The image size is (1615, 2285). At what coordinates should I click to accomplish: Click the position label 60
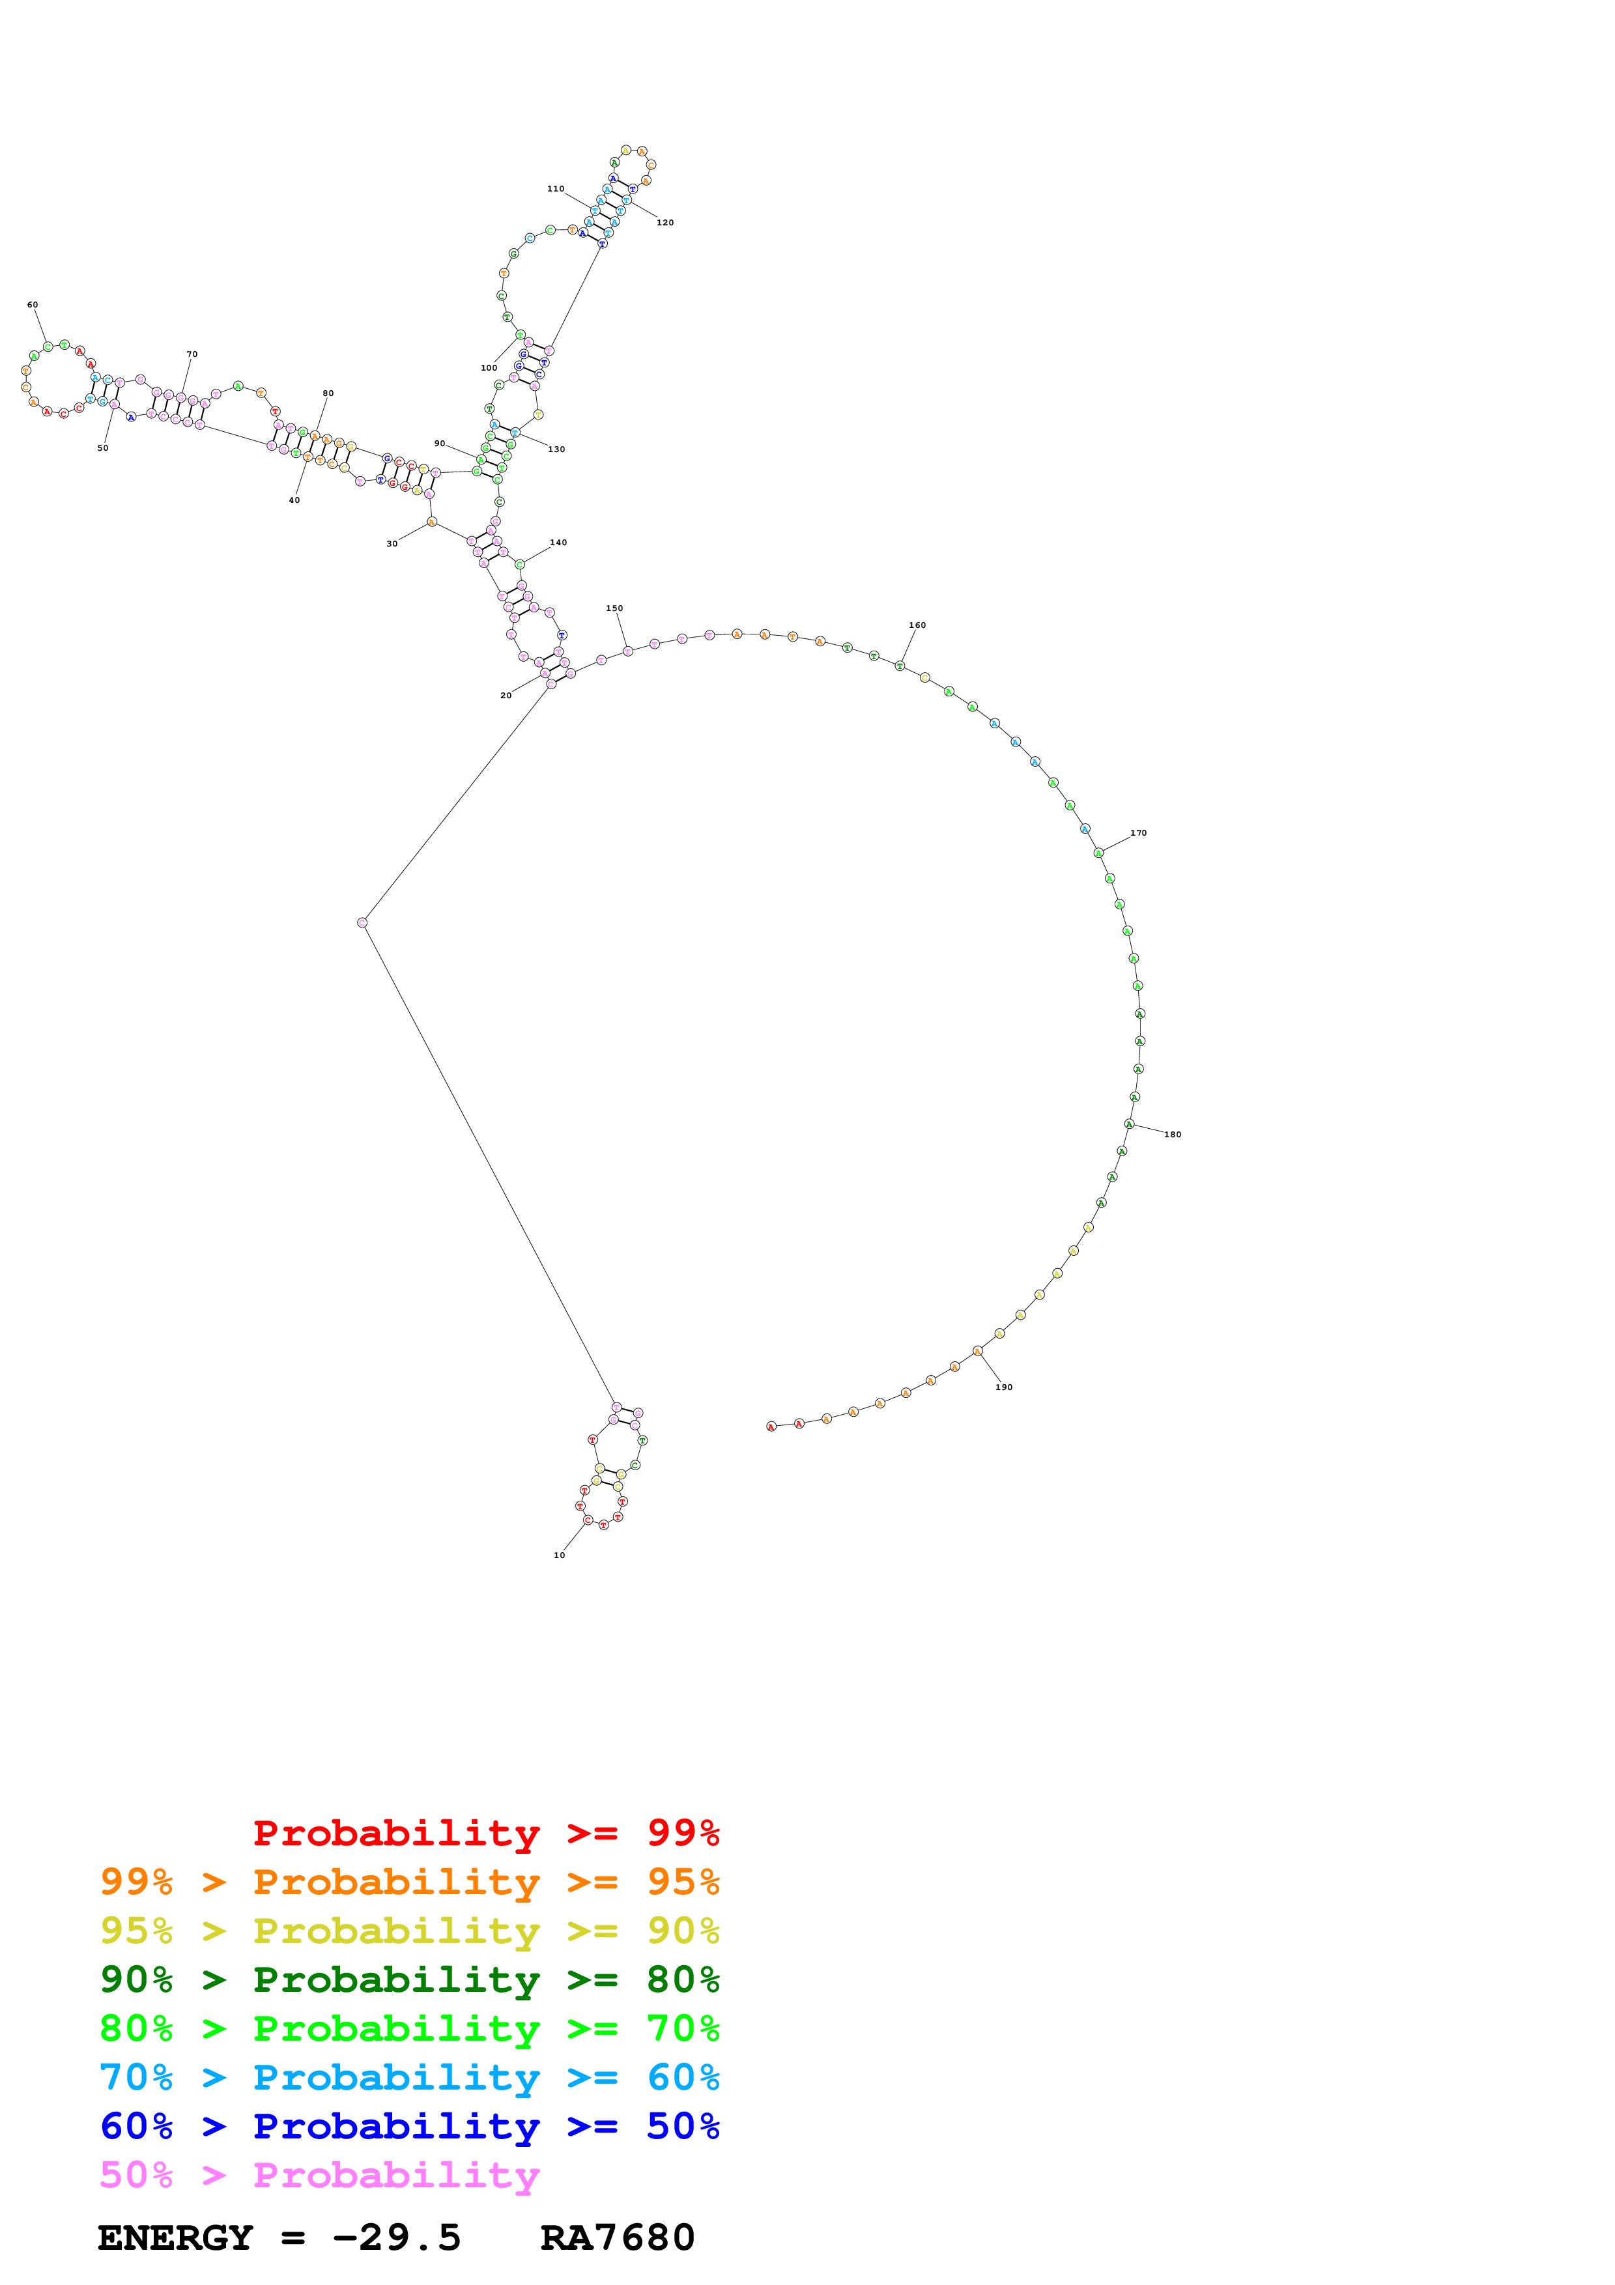(x=33, y=305)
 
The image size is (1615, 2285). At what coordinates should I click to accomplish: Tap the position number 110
(x=555, y=188)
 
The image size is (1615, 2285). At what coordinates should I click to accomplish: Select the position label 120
(x=665, y=222)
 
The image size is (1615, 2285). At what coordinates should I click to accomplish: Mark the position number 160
(x=917, y=625)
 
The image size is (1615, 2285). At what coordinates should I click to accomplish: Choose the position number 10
(x=559, y=1555)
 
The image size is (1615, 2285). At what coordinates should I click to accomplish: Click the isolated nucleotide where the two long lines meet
(x=362, y=922)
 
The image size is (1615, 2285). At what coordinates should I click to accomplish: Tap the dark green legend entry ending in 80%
(x=409, y=1980)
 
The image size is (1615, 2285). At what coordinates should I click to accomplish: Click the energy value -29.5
(x=396, y=2237)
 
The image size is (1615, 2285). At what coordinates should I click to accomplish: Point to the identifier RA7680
(x=617, y=2237)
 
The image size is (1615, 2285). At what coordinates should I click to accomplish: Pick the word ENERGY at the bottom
(x=175, y=2237)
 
